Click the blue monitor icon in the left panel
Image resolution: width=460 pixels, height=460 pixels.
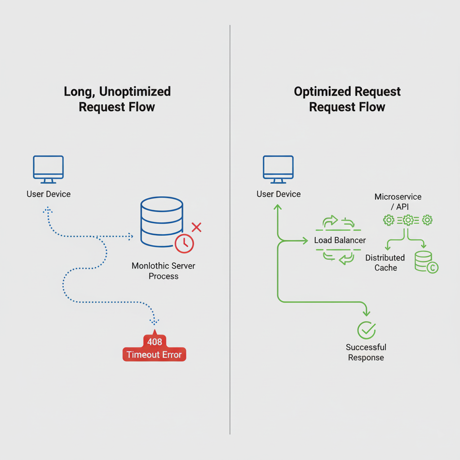pyautogui.click(x=48, y=169)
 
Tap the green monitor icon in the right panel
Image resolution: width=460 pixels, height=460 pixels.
pyautogui.click(x=278, y=169)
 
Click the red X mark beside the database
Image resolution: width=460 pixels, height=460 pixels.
pyautogui.click(x=196, y=227)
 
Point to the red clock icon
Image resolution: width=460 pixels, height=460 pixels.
pyautogui.click(x=184, y=243)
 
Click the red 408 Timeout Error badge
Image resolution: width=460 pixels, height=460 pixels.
pyautogui.click(x=154, y=348)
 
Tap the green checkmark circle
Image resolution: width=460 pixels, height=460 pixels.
pyautogui.click(x=366, y=330)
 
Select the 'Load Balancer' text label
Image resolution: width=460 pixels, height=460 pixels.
pyautogui.click(x=340, y=240)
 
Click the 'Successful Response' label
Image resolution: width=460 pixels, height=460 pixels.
pyautogui.click(x=366, y=352)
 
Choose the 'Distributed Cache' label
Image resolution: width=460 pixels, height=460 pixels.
pyautogui.click(x=385, y=263)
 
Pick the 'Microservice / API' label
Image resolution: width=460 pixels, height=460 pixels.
pyautogui.click(x=398, y=202)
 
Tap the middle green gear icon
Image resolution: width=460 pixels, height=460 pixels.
pyautogui.click(x=407, y=220)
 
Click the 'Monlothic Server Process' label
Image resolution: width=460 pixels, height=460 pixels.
pyautogui.click(x=164, y=271)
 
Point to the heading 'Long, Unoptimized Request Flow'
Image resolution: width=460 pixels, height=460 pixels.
pyautogui.click(x=117, y=99)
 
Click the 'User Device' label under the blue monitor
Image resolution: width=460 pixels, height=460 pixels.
pyautogui.click(x=49, y=194)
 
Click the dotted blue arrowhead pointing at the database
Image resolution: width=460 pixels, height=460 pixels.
pyautogui.click(x=130, y=236)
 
